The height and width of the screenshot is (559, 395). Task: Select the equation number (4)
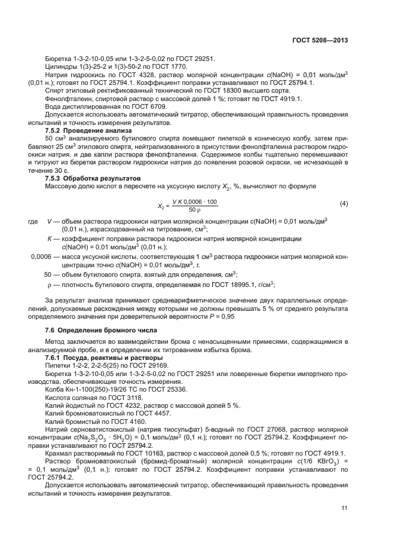[x=344, y=204]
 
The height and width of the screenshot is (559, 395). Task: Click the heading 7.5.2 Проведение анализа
[x=82, y=130]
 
